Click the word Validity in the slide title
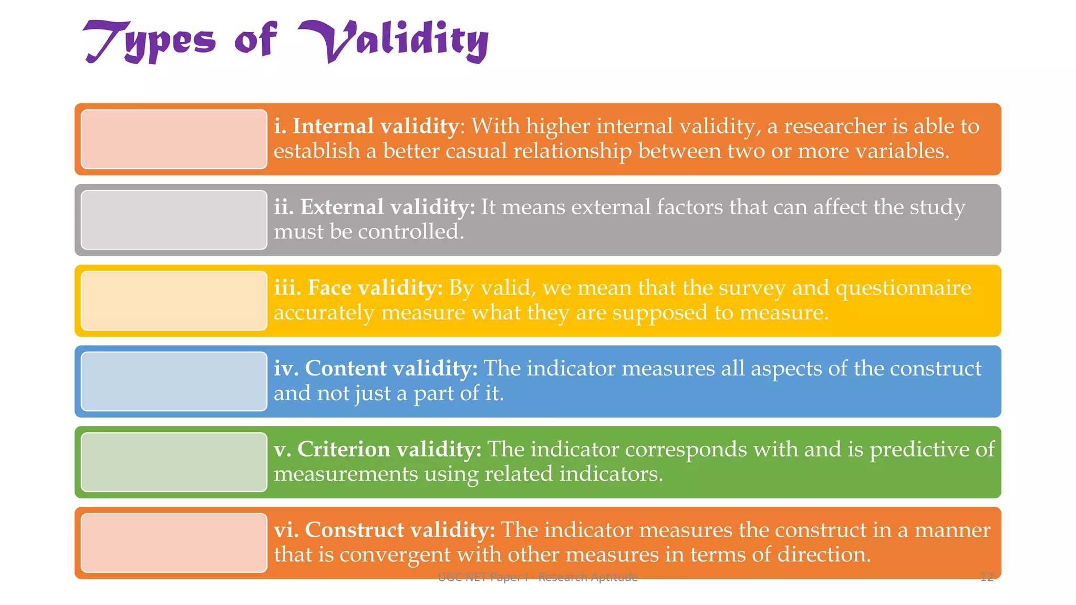(x=394, y=41)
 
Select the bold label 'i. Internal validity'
(x=366, y=126)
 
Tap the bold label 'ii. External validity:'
(x=374, y=207)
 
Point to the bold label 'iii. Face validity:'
(x=358, y=288)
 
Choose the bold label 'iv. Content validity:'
(x=376, y=368)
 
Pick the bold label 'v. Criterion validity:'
(x=378, y=449)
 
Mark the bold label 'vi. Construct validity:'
(x=385, y=530)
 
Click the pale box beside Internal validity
(x=174, y=139)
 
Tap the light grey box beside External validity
(x=174, y=220)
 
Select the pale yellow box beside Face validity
(x=174, y=301)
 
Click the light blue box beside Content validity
(x=174, y=381)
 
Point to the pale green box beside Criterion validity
(x=174, y=462)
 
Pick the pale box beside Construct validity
(x=174, y=543)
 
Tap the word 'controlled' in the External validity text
(x=409, y=232)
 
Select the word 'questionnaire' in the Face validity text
(x=903, y=288)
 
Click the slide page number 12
(x=987, y=577)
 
